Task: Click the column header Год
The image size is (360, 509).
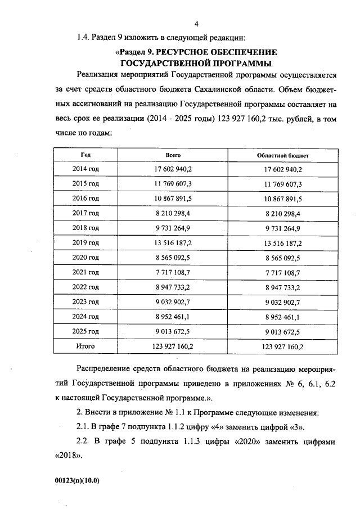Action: tap(85, 154)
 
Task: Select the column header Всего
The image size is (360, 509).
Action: tap(173, 154)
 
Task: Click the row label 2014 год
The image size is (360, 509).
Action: tap(86, 169)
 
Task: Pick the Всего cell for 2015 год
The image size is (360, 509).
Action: tap(173, 184)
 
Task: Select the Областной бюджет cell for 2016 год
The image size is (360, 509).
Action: tap(282, 199)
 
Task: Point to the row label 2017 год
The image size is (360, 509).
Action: tap(86, 213)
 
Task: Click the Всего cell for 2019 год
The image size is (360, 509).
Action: tap(173, 243)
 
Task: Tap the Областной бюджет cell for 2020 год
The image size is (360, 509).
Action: tap(282, 258)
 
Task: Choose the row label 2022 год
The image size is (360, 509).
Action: tap(86, 287)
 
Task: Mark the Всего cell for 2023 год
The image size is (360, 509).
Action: tap(173, 302)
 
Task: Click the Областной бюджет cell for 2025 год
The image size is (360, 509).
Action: tap(282, 332)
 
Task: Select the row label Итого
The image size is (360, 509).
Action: tap(85, 346)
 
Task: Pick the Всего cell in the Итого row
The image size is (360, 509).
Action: tap(173, 346)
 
